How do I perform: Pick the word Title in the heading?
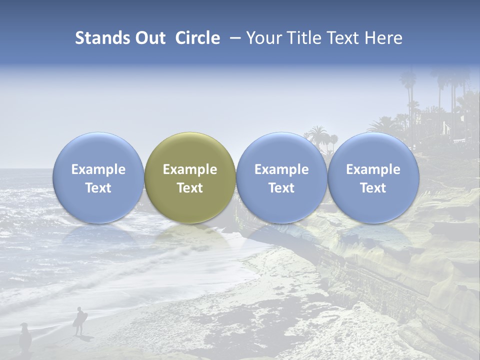pos(305,38)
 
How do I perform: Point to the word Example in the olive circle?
pos(190,169)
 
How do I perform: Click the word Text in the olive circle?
pos(190,188)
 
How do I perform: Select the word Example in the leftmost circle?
pos(98,169)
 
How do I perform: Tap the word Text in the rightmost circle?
pos(373,188)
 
